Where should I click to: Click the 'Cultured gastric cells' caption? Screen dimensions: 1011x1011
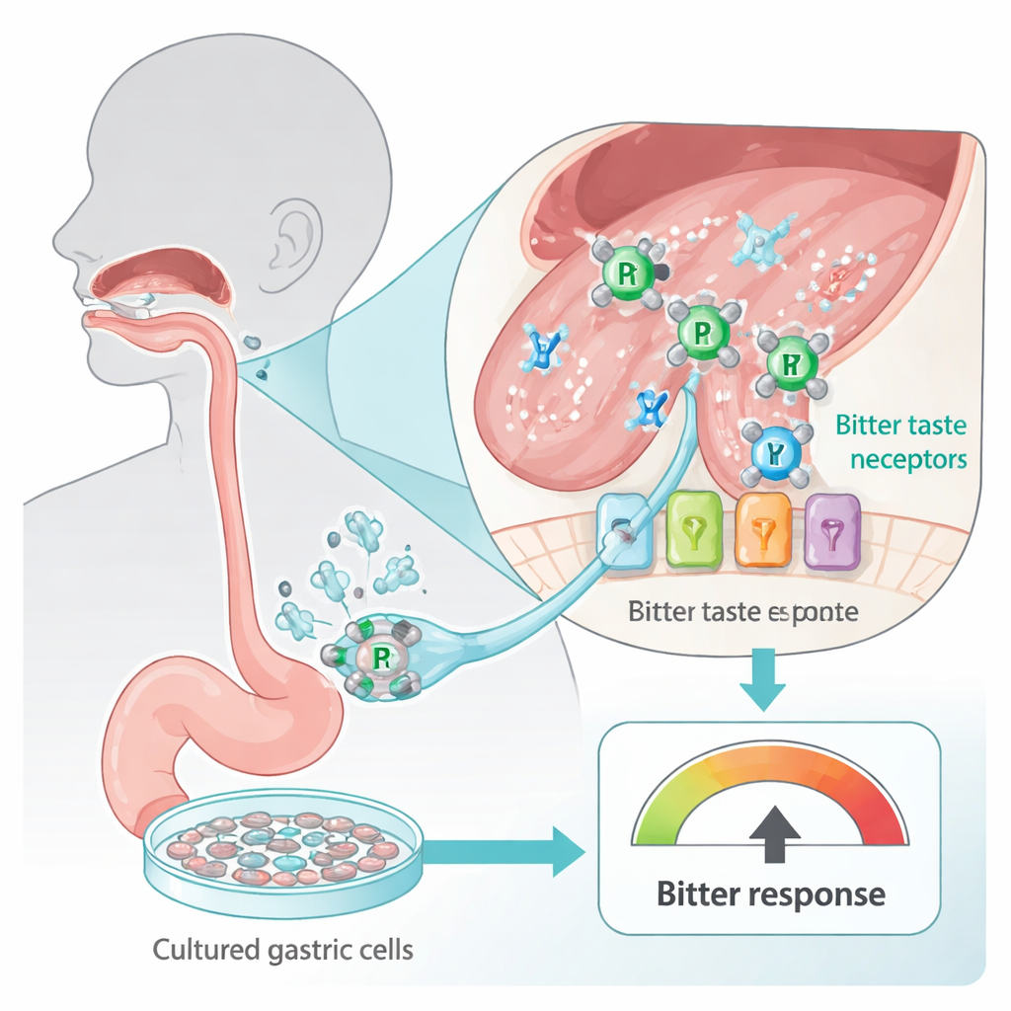[x=282, y=951]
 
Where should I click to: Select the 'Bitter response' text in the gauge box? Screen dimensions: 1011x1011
[x=770, y=895]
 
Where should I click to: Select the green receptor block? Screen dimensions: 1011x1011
[x=696, y=531]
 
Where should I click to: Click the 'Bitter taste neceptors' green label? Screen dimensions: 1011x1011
[x=901, y=442]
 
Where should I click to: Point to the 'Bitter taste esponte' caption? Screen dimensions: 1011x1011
[x=742, y=612]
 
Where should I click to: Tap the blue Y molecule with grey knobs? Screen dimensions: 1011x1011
[x=773, y=452]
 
